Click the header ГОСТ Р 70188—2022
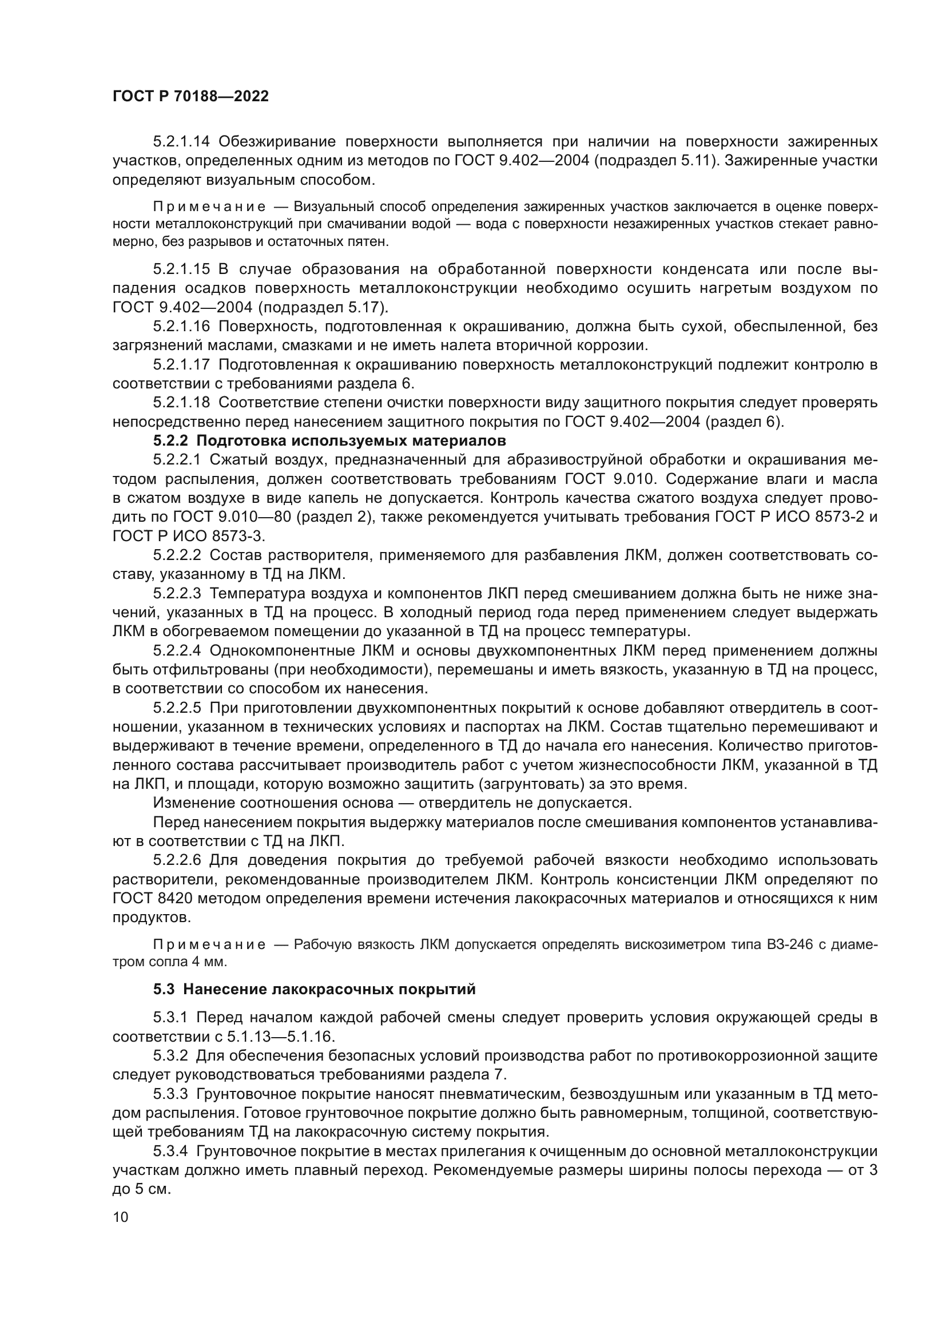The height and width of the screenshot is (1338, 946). pyautogui.click(x=190, y=97)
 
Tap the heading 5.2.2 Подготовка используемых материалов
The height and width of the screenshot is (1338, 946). pyautogui.click(x=329, y=440)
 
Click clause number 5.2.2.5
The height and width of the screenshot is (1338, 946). pyautogui.click(x=177, y=708)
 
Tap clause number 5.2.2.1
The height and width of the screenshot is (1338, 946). pyautogui.click(x=177, y=460)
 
